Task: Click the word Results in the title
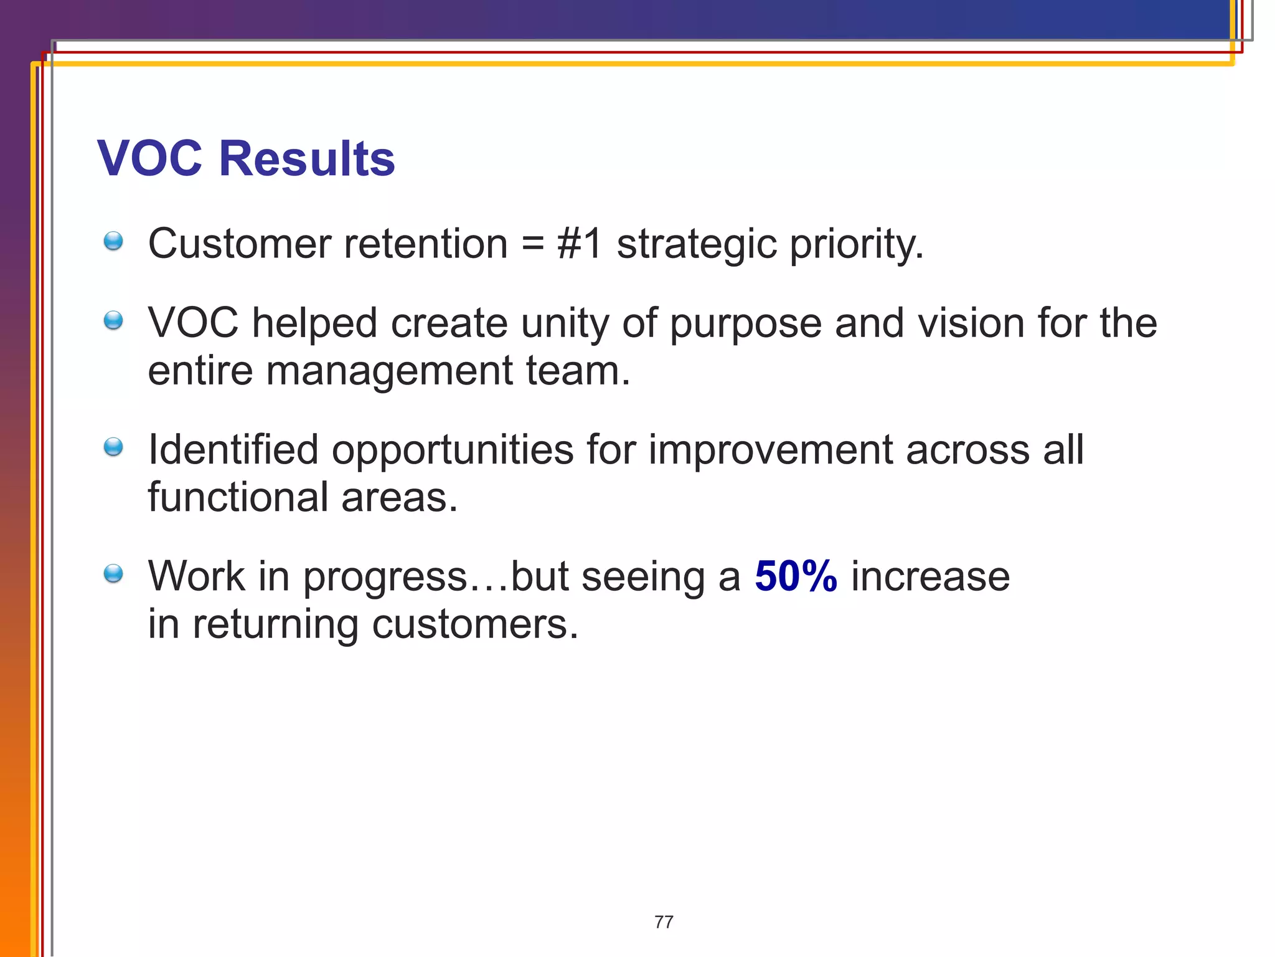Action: (x=306, y=158)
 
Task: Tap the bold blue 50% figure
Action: (x=796, y=576)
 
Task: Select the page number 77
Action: (x=664, y=921)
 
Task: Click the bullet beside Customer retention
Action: (x=113, y=241)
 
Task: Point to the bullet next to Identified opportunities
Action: (x=113, y=447)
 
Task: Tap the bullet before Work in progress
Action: (x=113, y=573)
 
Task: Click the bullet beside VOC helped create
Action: (x=113, y=321)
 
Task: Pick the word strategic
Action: (x=697, y=244)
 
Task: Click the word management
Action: (x=389, y=371)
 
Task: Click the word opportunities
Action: (x=453, y=450)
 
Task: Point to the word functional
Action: (x=238, y=497)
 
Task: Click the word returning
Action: (x=275, y=624)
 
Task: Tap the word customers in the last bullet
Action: (x=475, y=624)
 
